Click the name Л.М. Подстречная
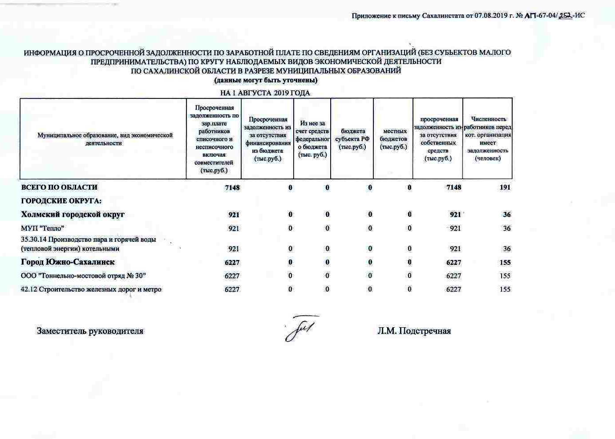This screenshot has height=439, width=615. [414, 331]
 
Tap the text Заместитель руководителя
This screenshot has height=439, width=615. [90, 331]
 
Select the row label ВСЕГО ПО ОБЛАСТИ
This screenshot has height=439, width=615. [59, 187]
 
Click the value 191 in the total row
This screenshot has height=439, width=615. [505, 187]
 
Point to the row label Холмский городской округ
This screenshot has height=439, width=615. [73, 214]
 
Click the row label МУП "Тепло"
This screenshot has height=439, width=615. [43, 228]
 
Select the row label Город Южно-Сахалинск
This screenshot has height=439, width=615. [68, 262]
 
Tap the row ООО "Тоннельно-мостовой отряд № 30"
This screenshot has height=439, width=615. [84, 276]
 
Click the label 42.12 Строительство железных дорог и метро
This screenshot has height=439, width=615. [91, 289]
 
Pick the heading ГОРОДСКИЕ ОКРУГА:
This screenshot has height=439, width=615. [61, 201]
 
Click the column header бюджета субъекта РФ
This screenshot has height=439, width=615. [352, 139]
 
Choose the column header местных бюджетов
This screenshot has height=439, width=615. [394, 139]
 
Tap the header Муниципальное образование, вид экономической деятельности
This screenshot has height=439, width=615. [105, 139]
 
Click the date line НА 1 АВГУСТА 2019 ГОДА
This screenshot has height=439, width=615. [265, 93]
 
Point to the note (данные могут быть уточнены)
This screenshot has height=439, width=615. [266, 80]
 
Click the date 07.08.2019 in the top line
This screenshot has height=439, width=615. [491, 16]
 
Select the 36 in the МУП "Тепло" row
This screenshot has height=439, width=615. [506, 228]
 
